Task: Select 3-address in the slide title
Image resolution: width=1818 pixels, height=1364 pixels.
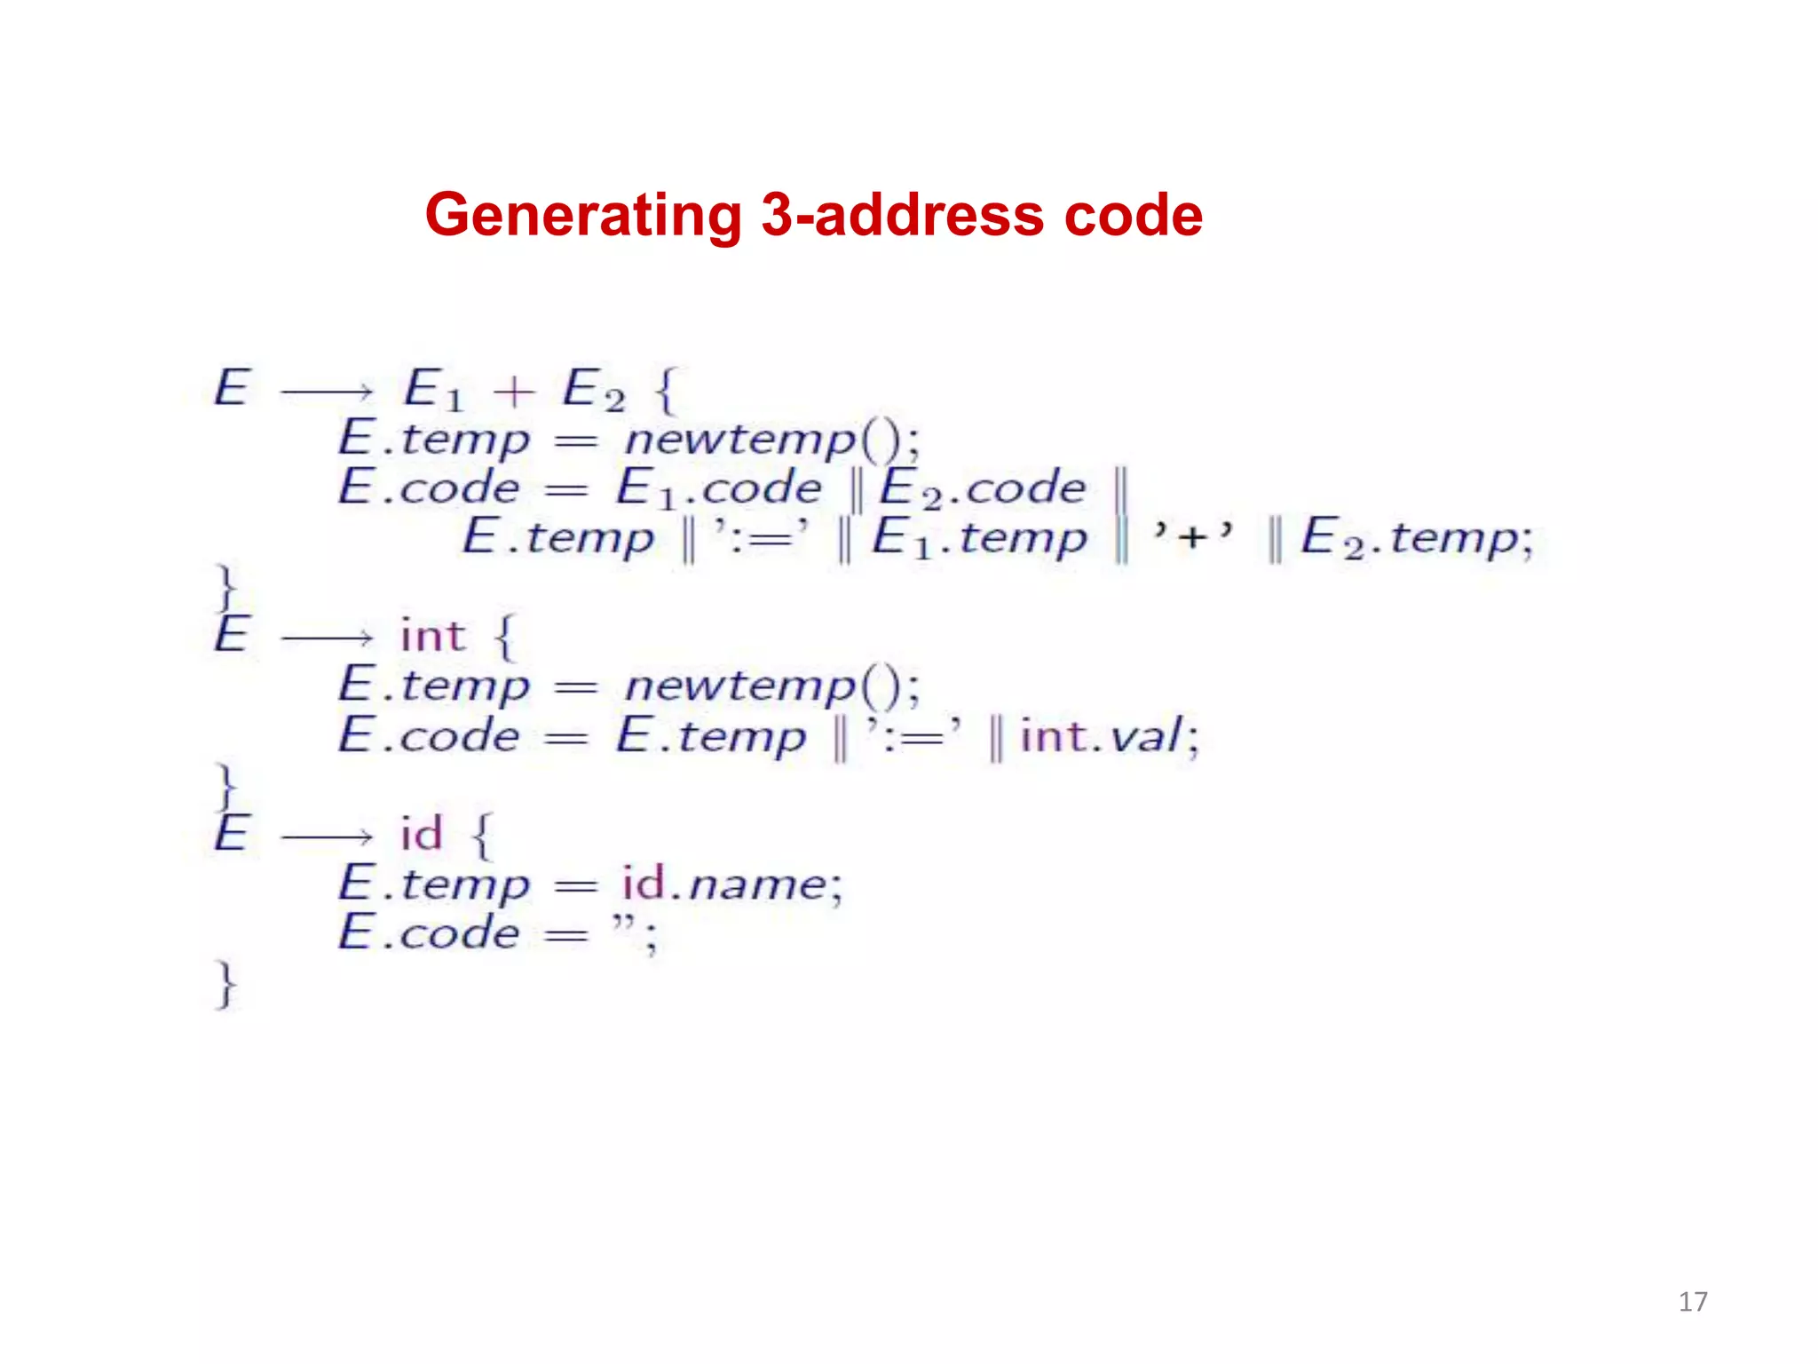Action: point(902,216)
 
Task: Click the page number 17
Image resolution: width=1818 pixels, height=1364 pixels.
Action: point(1693,1302)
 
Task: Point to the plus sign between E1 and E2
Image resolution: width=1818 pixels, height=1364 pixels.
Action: point(514,392)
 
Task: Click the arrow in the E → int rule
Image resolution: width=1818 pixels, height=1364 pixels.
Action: point(327,638)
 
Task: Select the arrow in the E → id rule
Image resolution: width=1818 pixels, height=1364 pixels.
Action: point(327,836)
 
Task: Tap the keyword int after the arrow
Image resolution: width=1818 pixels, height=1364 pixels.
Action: point(432,636)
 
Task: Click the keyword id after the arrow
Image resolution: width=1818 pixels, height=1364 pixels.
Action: point(421,834)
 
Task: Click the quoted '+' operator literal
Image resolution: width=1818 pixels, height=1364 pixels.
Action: point(1192,536)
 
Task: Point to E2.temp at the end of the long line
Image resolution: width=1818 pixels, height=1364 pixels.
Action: point(1416,539)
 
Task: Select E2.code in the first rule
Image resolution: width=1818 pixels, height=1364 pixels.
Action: point(982,489)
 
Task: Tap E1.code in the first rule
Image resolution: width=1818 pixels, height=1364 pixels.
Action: point(719,489)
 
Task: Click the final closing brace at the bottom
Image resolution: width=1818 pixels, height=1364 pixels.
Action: point(226,984)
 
